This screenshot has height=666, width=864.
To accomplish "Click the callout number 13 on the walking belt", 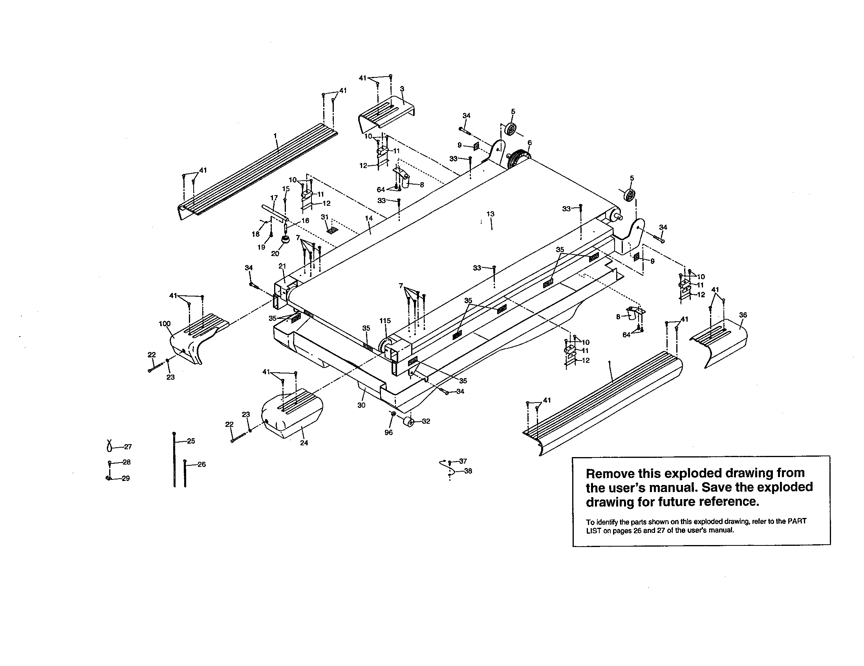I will (x=490, y=214).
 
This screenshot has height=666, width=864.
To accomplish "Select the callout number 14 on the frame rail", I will (x=369, y=218).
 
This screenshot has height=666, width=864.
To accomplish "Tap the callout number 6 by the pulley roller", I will (x=529, y=143).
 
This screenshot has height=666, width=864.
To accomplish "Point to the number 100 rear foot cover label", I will (x=165, y=324).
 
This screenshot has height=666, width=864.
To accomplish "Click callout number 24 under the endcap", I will (x=304, y=443).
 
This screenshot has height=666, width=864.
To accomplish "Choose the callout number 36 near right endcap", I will (x=743, y=315).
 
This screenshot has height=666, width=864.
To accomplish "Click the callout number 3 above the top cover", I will (x=402, y=89).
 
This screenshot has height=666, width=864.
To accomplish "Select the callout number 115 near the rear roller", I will (x=385, y=321).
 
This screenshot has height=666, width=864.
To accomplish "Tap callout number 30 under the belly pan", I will (x=361, y=405).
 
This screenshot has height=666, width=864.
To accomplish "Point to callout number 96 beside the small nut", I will (x=388, y=433).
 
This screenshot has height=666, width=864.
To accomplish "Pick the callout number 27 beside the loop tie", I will (x=128, y=447).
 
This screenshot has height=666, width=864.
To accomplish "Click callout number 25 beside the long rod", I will (x=191, y=441).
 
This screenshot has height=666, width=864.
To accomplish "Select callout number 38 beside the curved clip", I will (x=468, y=471).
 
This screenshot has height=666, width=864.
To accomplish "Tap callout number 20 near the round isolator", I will (x=275, y=254).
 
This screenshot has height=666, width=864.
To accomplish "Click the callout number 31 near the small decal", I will (x=324, y=217).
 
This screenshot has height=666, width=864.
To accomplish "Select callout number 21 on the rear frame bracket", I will (x=282, y=266).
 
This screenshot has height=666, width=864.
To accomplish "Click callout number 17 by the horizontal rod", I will (x=274, y=198).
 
